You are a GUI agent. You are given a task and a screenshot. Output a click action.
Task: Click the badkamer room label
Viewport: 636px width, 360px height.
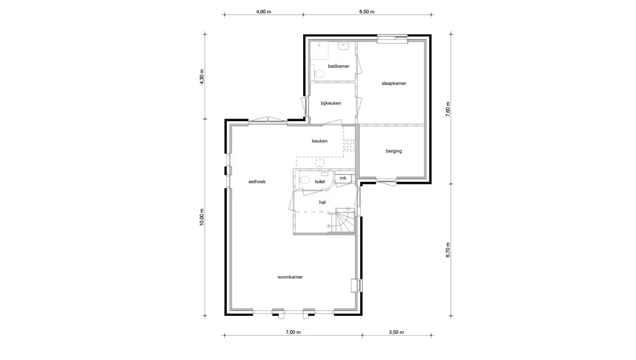point(338,66)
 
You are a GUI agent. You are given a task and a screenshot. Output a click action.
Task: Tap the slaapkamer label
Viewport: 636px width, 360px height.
point(393,84)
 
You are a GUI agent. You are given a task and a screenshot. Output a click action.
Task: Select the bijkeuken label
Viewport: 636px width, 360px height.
point(330,104)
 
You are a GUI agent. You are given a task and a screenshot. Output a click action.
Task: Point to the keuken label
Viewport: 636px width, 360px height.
point(320,141)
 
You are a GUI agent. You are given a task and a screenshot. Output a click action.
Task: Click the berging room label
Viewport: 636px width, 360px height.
point(393,151)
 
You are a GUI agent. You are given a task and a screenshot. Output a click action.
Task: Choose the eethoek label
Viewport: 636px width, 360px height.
point(257,182)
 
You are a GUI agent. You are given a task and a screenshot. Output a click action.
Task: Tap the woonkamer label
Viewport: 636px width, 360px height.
point(290,277)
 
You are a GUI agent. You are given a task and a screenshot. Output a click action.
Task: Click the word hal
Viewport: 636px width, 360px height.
point(322,202)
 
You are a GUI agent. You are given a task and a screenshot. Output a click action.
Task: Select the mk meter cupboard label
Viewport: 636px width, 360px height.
point(343,178)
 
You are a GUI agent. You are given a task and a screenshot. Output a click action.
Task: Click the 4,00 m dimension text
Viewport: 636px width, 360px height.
point(263,12)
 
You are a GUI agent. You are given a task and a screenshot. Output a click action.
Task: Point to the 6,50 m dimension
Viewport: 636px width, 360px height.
point(366,12)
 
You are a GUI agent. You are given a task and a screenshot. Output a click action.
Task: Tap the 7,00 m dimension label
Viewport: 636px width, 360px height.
point(293,333)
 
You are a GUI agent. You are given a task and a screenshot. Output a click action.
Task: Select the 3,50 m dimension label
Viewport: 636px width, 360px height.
point(396,333)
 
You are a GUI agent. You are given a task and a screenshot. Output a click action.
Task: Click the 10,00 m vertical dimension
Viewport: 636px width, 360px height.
point(202,217)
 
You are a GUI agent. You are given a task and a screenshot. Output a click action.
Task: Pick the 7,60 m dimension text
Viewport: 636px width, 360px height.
point(448,109)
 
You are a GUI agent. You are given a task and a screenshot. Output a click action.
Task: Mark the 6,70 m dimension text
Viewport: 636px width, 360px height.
point(448,250)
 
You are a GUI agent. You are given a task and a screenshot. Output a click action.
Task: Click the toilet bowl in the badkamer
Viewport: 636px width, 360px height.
point(319,74)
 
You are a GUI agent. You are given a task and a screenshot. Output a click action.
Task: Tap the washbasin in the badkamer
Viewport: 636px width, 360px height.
point(343,45)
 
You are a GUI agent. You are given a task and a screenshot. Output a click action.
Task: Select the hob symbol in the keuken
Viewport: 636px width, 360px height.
point(349,145)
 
